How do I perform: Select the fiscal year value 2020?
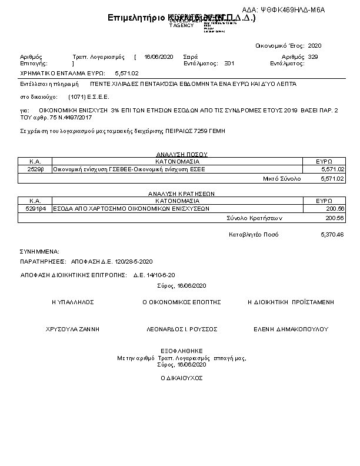315,45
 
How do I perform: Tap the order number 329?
313,56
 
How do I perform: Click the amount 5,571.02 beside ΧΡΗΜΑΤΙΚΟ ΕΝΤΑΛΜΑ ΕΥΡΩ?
126,74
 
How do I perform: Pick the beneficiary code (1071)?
77,96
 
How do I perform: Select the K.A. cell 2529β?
35,169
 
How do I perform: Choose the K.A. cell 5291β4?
35,208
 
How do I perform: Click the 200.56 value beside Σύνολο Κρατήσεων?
334,218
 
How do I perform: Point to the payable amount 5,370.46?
332,235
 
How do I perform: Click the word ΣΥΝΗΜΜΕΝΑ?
39,251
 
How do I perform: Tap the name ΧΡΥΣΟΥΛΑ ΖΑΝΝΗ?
73,329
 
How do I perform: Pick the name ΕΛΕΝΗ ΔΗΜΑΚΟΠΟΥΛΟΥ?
291,329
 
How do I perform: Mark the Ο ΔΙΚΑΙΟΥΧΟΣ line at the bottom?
181,377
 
